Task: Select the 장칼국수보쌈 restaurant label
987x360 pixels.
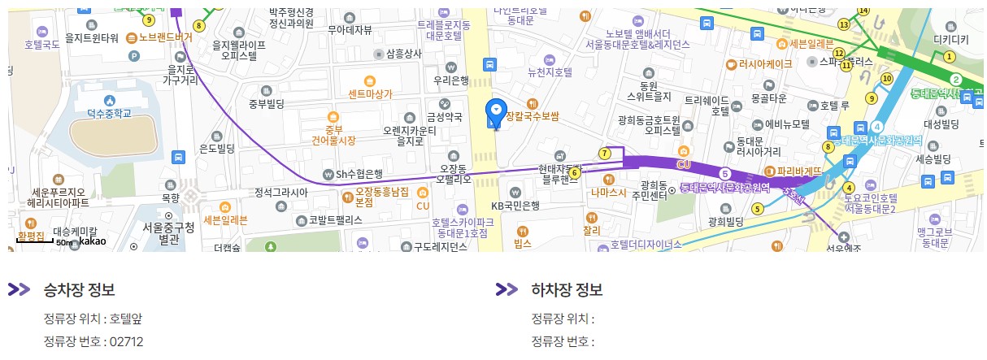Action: coord(533,116)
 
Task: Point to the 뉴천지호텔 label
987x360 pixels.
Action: coord(550,72)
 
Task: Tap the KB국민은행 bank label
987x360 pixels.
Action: coord(515,206)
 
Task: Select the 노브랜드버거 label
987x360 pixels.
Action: coord(165,37)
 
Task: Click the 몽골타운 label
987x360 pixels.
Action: coord(769,98)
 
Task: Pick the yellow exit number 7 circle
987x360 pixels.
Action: coord(604,153)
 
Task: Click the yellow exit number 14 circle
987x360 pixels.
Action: coord(863,10)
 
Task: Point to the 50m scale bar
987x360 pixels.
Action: coord(46,241)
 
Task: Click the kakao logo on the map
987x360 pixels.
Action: coord(92,241)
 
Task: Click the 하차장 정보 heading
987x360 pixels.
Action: coord(567,290)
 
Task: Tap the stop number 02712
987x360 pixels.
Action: coord(126,341)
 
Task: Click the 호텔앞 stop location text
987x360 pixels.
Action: coord(126,318)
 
